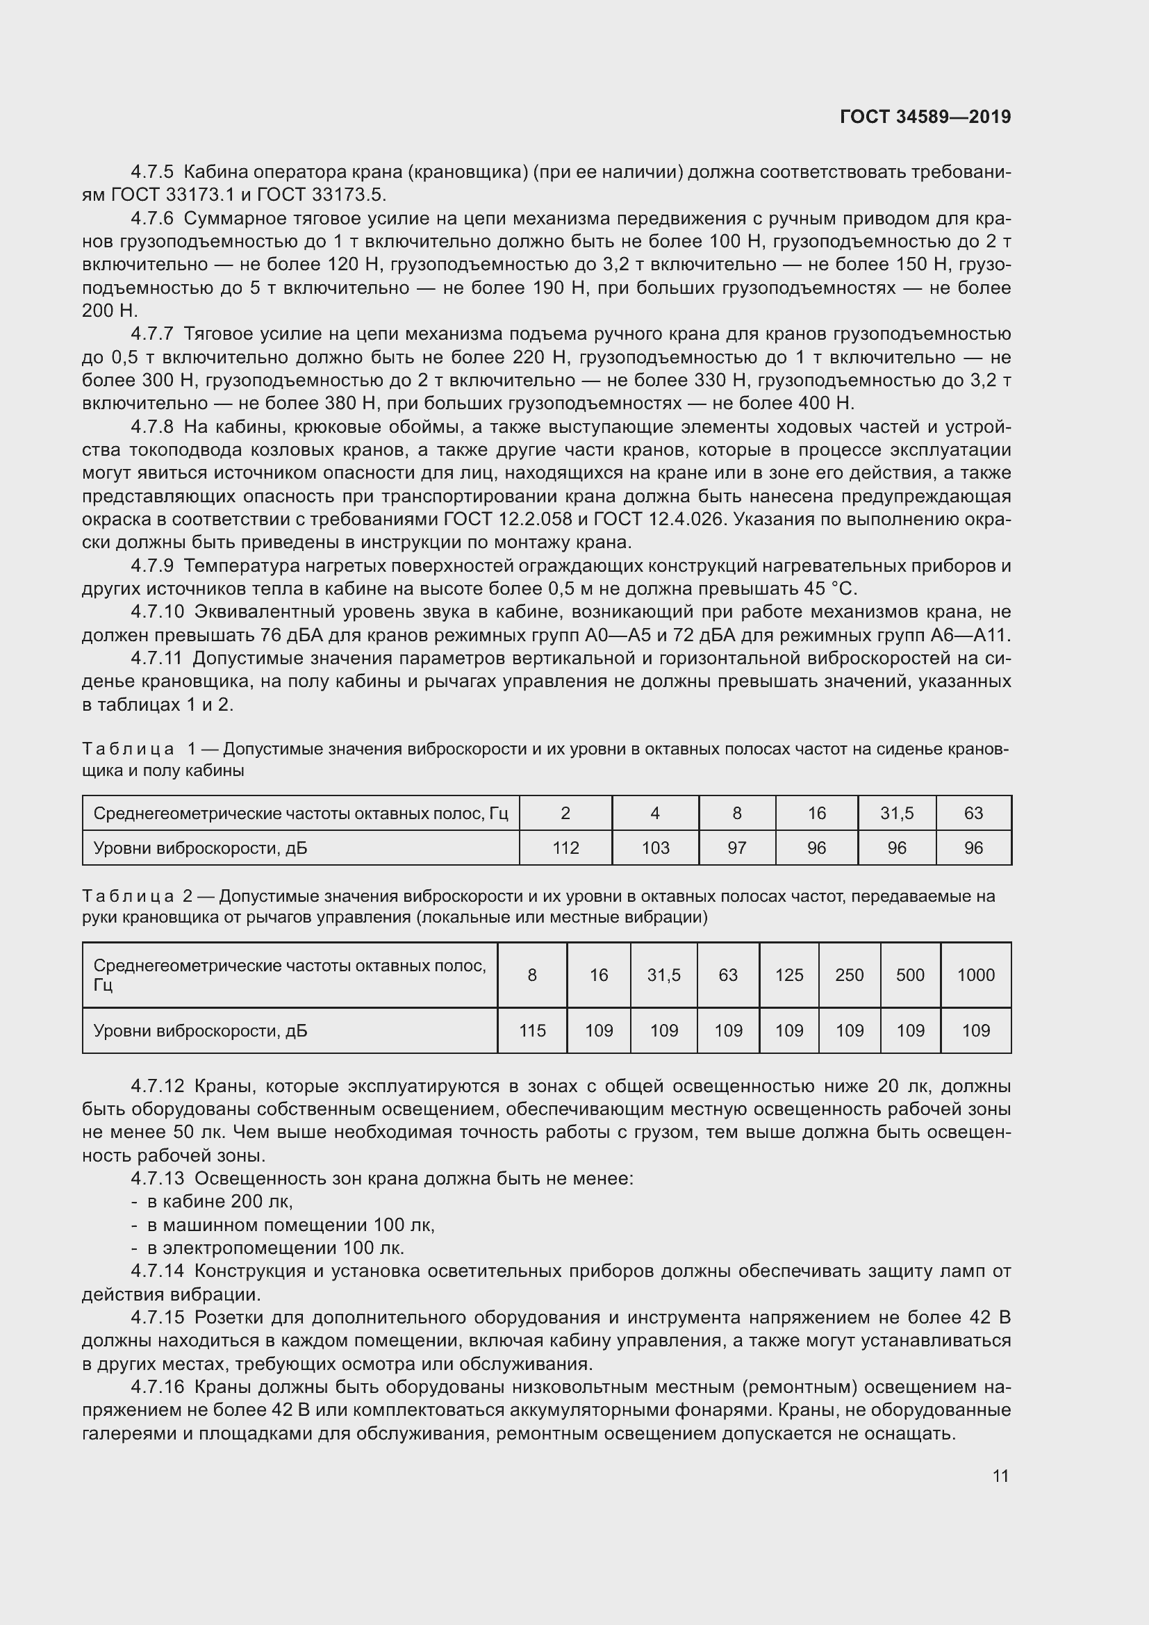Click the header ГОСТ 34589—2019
(925, 117)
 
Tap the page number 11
(1000, 1476)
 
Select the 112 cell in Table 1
(565, 847)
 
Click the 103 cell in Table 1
(655, 847)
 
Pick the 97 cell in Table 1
(736, 847)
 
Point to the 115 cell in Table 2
(532, 1030)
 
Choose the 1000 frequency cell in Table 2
(975, 975)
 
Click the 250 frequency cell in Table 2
(849, 975)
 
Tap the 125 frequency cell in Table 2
(789, 975)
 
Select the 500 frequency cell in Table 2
(910, 975)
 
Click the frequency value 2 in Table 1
(565, 814)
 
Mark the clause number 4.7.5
(152, 172)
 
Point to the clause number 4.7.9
(152, 566)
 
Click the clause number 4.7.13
(157, 1178)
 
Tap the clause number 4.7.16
(157, 1387)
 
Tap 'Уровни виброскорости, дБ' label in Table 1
(200, 848)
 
